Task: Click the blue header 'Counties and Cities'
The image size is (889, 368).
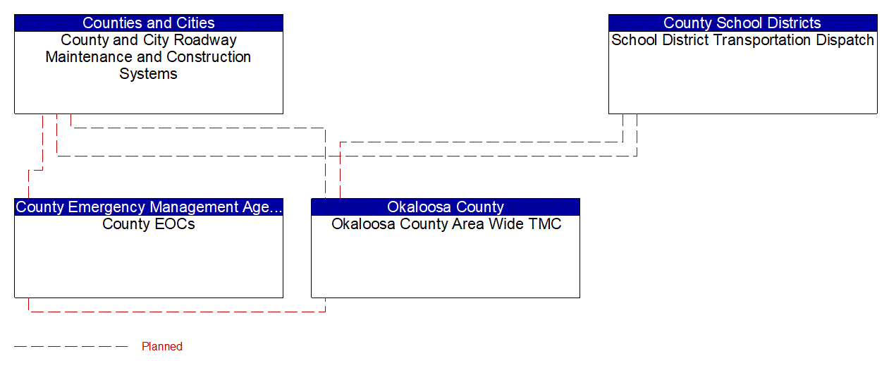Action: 148,23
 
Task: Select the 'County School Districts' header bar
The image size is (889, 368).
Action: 742,23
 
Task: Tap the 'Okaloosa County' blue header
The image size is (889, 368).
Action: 445,207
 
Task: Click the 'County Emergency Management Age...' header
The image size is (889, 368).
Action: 148,207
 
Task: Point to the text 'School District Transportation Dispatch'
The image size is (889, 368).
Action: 742,40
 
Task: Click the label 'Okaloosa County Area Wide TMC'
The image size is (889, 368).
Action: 446,224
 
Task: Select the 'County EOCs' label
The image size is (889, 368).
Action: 148,224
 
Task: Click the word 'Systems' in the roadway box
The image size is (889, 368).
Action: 148,74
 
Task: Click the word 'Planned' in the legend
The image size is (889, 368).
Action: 162,346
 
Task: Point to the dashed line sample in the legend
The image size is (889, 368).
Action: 70,346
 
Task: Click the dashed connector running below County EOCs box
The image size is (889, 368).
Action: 176,311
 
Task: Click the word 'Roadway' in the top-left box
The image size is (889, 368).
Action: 209,40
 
